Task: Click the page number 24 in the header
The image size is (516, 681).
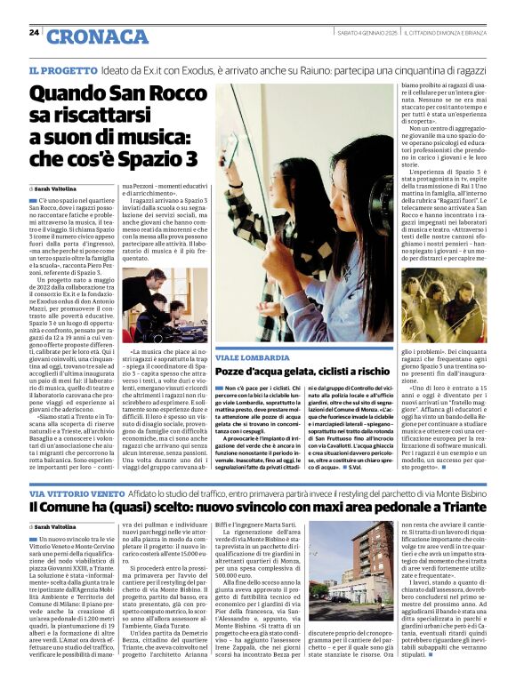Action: coord(34,33)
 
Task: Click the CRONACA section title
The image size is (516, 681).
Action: coord(85,36)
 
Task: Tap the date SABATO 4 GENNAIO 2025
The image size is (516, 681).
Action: coord(367,32)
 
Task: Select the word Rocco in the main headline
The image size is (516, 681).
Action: coord(169,93)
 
